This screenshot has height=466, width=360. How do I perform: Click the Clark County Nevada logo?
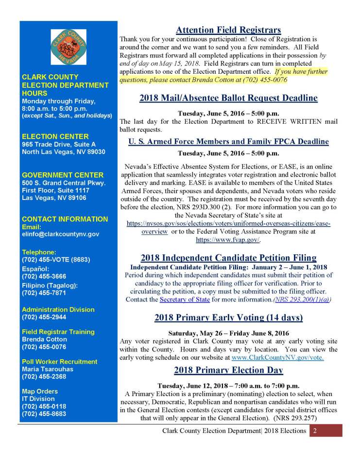[69, 47]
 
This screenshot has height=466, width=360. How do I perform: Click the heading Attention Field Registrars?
[228, 30]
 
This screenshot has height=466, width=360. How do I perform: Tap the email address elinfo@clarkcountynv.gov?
[61, 234]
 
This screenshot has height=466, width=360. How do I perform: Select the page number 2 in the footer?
[315, 431]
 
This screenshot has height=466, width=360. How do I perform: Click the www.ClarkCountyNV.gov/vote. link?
[278, 358]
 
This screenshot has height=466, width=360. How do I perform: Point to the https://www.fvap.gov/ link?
[228, 240]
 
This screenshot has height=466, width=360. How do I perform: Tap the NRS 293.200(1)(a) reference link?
[303, 300]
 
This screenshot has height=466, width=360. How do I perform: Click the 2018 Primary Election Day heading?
[228, 370]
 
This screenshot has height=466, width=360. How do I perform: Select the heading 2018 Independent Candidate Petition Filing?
[228, 258]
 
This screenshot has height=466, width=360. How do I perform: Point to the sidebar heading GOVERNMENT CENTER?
[63, 175]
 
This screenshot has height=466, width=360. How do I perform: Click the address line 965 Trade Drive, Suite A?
[59, 144]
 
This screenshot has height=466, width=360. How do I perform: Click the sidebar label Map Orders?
[40, 391]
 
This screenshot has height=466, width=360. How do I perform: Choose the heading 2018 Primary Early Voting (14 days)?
[228, 318]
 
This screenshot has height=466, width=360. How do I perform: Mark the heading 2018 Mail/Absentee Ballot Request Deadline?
[228, 98]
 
